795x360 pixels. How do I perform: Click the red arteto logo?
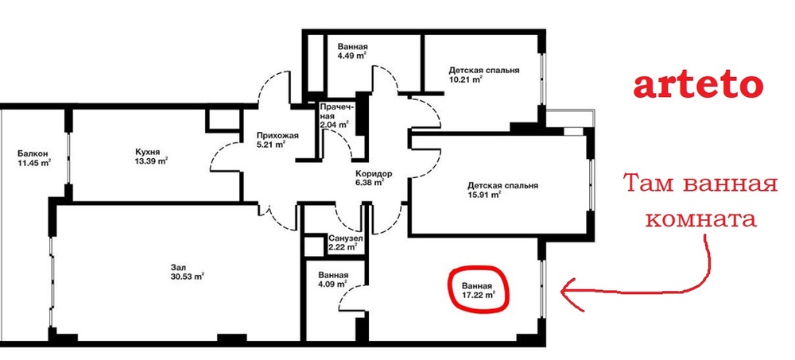coord(699,85)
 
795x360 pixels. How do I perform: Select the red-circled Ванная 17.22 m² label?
coord(478,289)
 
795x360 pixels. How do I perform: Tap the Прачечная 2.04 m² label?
coord(335,116)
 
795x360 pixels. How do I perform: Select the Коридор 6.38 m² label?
coord(373,179)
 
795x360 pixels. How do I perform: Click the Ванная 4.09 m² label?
coord(332,280)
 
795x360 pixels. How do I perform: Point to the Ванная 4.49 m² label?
coord(352,51)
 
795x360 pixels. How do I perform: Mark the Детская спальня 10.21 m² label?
coord(483,75)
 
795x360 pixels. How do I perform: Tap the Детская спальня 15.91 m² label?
coord(502,190)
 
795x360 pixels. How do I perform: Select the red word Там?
coord(649,183)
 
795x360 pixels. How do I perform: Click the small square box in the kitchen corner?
coord(222,121)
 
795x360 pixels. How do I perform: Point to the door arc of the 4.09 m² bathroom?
coord(350,296)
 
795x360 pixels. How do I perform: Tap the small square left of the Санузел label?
coord(312,246)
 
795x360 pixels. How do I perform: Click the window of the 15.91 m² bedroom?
coord(591,184)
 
